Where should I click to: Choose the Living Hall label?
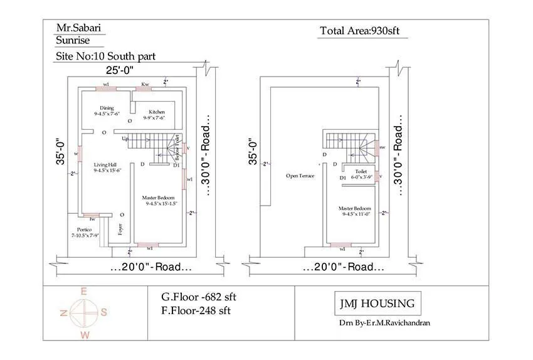pos(107,166)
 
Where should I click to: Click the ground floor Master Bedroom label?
pos(159,200)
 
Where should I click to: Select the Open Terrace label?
pos(300,176)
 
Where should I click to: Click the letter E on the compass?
pos(83,291)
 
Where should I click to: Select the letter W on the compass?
pos(85,335)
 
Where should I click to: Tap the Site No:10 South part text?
pos(105,56)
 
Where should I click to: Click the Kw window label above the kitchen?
pos(145,83)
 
